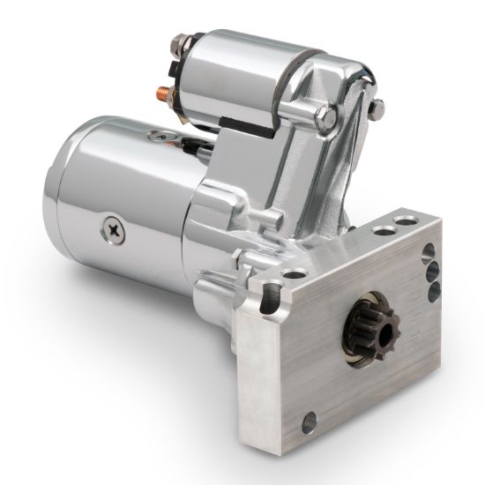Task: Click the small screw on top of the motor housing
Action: point(160,135)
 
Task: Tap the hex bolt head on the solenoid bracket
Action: point(326,116)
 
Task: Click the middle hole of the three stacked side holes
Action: point(433,272)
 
